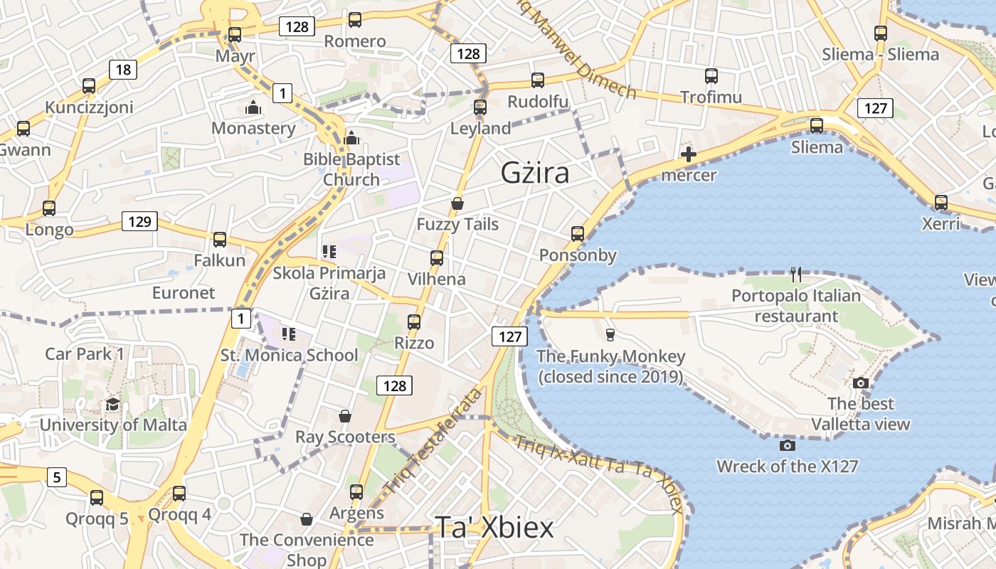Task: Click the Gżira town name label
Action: pyautogui.click(x=535, y=173)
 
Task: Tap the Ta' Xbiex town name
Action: pyautogui.click(x=494, y=528)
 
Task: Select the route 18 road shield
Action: pyautogui.click(x=123, y=69)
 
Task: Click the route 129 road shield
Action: pyautogui.click(x=139, y=221)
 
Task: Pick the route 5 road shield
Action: pyautogui.click(x=57, y=477)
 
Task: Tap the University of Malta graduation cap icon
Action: pyautogui.click(x=112, y=405)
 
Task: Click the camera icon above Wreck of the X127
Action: pyautogui.click(x=787, y=445)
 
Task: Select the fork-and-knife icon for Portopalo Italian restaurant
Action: pyautogui.click(x=796, y=274)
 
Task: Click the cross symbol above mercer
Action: pyautogui.click(x=688, y=154)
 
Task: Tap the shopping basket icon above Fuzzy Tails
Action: pyautogui.click(x=457, y=203)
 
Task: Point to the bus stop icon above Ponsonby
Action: pyautogui.click(x=577, y=233)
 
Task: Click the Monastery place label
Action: pyautogui.click(x=253, y=128)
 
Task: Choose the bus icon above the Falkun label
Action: pyautogui.click(x=219, y=239)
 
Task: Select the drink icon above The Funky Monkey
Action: pyautogui.click(x=610, y=334)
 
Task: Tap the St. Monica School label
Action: pyautogui.click(x=290, y=355)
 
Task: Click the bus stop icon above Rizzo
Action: pyautogui.click(x=414, y=321)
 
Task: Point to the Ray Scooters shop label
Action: pyautogui.click(x=345, y=437)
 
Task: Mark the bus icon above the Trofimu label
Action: pyautogui.click(x=711, y=76)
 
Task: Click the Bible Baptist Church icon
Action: pyautogui.click(x=351, y=138)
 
